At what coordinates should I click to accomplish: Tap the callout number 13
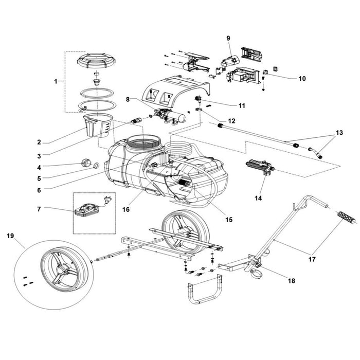pos(338,133)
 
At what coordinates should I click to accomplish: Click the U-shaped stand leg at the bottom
pos(204,292)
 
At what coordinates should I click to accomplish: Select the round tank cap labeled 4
pos(84,165)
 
